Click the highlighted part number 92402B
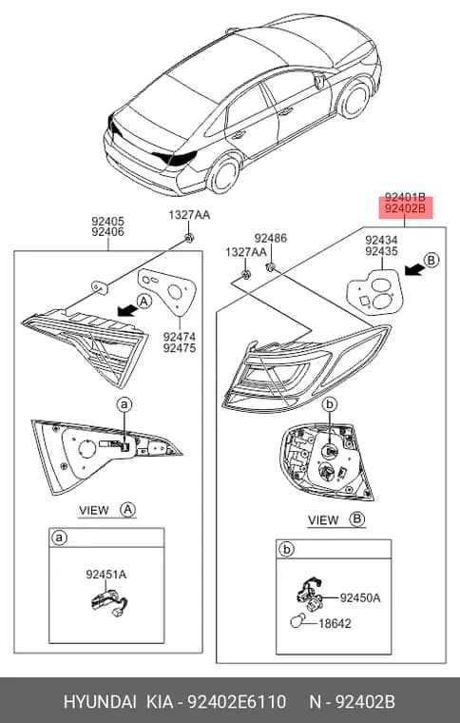pos(405,208)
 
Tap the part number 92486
pos(270,238)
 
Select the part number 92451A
pos(105,575)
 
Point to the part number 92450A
pos(360,598)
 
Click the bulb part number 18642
pos(335,623)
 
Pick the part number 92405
pos(107,222)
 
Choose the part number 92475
pos(179,348)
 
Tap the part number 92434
pos(381,241)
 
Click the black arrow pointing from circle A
pos(127,310)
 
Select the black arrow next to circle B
pos(414,270)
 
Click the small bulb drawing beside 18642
pos(297,622)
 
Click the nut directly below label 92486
pos(271,266)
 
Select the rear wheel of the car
pos(224,175)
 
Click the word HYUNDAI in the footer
pos(100,702)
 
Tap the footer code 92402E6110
pos(237,702)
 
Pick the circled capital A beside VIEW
pos(127,510)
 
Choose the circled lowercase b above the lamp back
pos(330,404)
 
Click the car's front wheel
pos(355,100)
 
